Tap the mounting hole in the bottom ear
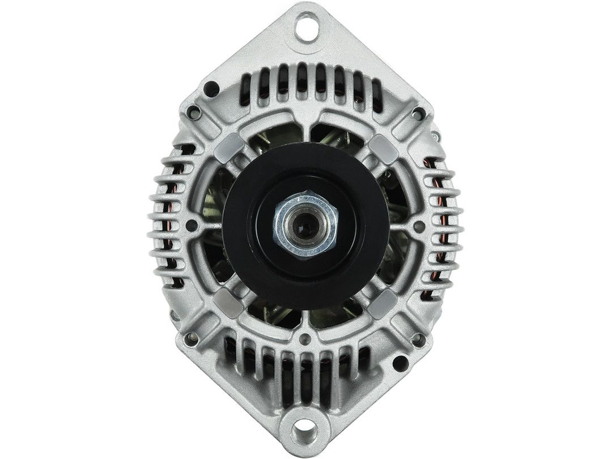(306, 430)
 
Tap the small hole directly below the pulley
(307, 341)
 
